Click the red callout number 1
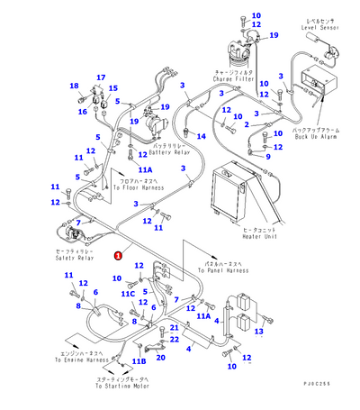point(119,255)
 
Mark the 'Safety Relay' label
point(73,258)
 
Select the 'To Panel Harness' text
point(225,269)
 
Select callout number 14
point(202,136)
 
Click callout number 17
point(100,77)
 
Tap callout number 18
point(74,86)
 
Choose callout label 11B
point(138,361)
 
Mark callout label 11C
point(129,294)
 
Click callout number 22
point(175,339)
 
